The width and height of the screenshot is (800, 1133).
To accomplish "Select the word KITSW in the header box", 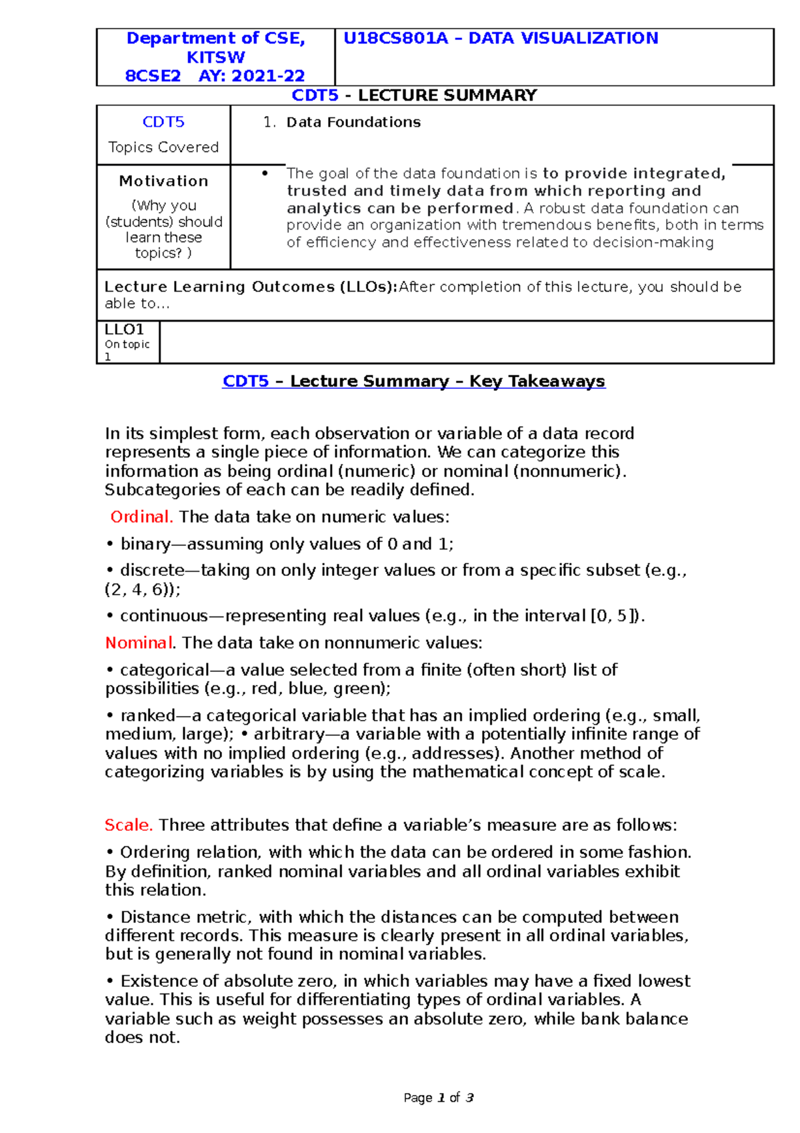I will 215,57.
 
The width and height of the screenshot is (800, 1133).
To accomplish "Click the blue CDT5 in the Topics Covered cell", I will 163,122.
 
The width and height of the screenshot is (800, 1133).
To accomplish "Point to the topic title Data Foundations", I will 353,122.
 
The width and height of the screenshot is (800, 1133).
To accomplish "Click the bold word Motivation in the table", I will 163,181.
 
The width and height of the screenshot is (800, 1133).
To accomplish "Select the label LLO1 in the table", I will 124,330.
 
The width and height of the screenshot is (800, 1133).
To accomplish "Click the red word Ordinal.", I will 141,517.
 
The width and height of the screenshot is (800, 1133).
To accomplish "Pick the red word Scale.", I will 129,825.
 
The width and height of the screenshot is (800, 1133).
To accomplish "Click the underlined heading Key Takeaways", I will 537,382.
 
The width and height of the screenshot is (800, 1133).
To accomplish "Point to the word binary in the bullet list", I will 145,544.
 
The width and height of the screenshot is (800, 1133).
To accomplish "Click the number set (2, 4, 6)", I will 140,590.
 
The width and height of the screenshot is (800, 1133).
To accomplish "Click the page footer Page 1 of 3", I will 438,1098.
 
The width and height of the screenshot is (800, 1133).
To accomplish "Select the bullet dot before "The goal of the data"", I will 265,173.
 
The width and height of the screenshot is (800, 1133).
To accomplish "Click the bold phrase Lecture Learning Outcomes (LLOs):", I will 251,287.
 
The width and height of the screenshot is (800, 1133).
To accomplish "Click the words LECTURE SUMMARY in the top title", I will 447,95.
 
